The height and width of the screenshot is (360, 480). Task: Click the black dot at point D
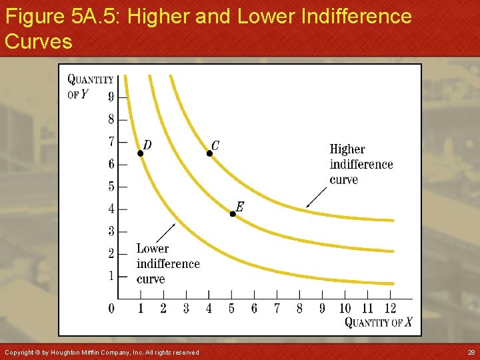click(141, 153)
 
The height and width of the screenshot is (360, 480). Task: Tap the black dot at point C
click(209, 153)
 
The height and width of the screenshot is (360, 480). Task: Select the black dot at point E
click(233, 213)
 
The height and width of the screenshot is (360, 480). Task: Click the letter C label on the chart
click(215, 145)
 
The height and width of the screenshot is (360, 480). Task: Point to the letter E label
click(239, 207)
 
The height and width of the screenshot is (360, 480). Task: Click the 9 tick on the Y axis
click(111, 97)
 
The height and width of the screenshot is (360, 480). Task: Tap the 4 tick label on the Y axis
click(111, 209)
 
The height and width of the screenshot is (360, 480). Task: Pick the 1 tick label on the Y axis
click(111, 276)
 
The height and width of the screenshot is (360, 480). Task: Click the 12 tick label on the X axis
click(390, 308)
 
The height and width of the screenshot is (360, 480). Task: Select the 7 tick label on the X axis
click(277, 308)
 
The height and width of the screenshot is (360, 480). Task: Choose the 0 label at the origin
click(111, 308)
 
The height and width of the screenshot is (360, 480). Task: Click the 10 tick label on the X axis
click(345, 308)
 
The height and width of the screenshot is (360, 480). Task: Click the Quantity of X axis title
click(378, 323)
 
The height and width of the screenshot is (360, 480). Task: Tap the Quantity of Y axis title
click(90, 86)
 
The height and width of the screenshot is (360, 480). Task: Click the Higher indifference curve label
click(361, 164)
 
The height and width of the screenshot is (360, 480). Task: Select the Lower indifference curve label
click(167, 263)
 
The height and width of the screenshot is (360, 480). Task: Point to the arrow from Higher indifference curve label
click(317, 197)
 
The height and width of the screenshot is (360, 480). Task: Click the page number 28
click(471, 352)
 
